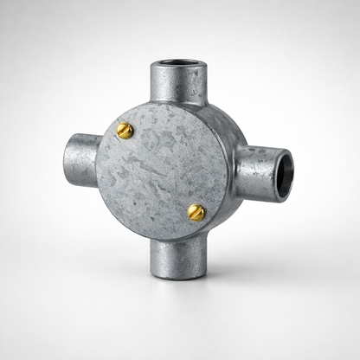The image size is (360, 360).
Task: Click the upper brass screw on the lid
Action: [x=125, y=131]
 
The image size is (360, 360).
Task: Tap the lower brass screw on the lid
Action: [x=196, y=212]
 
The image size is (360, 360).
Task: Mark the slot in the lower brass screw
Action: [x=197, y=212]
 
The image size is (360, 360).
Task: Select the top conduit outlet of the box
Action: [x=177, y=82]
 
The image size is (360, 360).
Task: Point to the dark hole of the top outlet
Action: [x=177, y=65]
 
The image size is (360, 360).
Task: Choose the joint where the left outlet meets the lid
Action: [x=98, y=160]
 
